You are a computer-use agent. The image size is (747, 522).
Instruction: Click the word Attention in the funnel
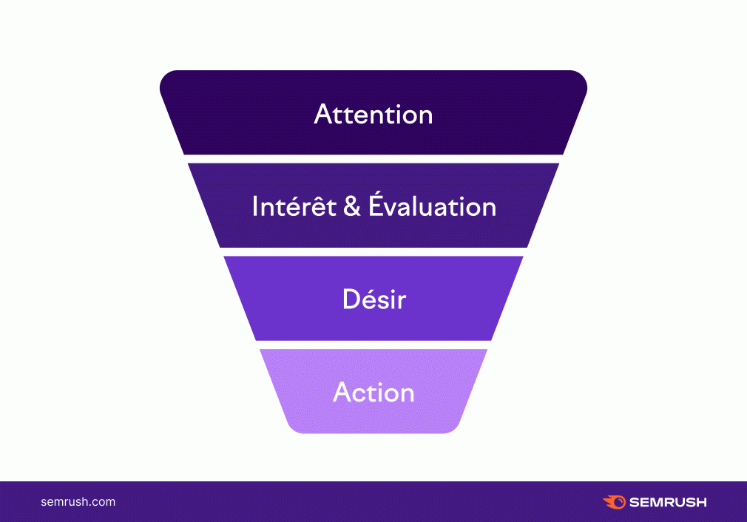[x=373, y=115]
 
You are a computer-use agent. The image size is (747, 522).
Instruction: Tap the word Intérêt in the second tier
[x=294, y=206]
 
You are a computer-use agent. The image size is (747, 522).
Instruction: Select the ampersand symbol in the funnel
[x=351, y=206]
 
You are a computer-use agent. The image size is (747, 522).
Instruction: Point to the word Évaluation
[x=432, y=205]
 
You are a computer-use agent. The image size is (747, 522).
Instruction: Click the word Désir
[x=374, y=299]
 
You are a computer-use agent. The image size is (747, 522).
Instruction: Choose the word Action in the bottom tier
[x=373, y=392]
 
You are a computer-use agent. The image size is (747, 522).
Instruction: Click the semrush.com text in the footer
[x=78, y=502]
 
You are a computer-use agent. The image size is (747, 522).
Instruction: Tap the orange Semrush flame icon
[x=615, y=502]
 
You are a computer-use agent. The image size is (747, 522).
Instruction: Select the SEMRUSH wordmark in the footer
[x=668, y=503]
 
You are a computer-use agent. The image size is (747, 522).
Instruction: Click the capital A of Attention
[x=323, y=115]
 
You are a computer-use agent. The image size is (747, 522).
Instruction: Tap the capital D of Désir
[x=351, y=299]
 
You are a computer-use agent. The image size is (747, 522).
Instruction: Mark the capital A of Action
[x=342, y=392]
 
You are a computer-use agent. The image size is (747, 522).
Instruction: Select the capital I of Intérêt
[x=255, y=206]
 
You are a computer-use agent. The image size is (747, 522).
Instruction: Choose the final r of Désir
[x=402, y=302]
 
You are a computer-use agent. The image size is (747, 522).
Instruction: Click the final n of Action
[x=406, y=395]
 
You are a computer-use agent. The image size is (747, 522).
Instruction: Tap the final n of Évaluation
[x=488, y=209]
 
